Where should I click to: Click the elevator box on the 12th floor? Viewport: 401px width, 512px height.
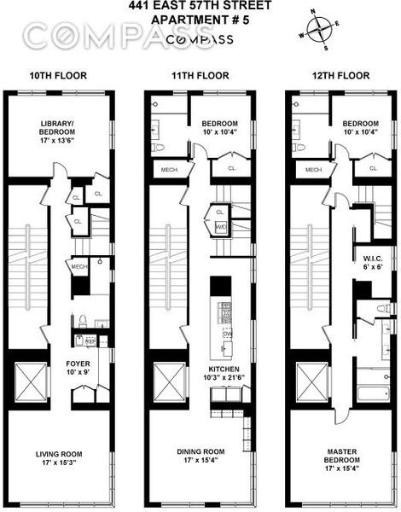pos(308,376)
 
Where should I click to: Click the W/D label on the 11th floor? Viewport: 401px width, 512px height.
pos(220,226)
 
